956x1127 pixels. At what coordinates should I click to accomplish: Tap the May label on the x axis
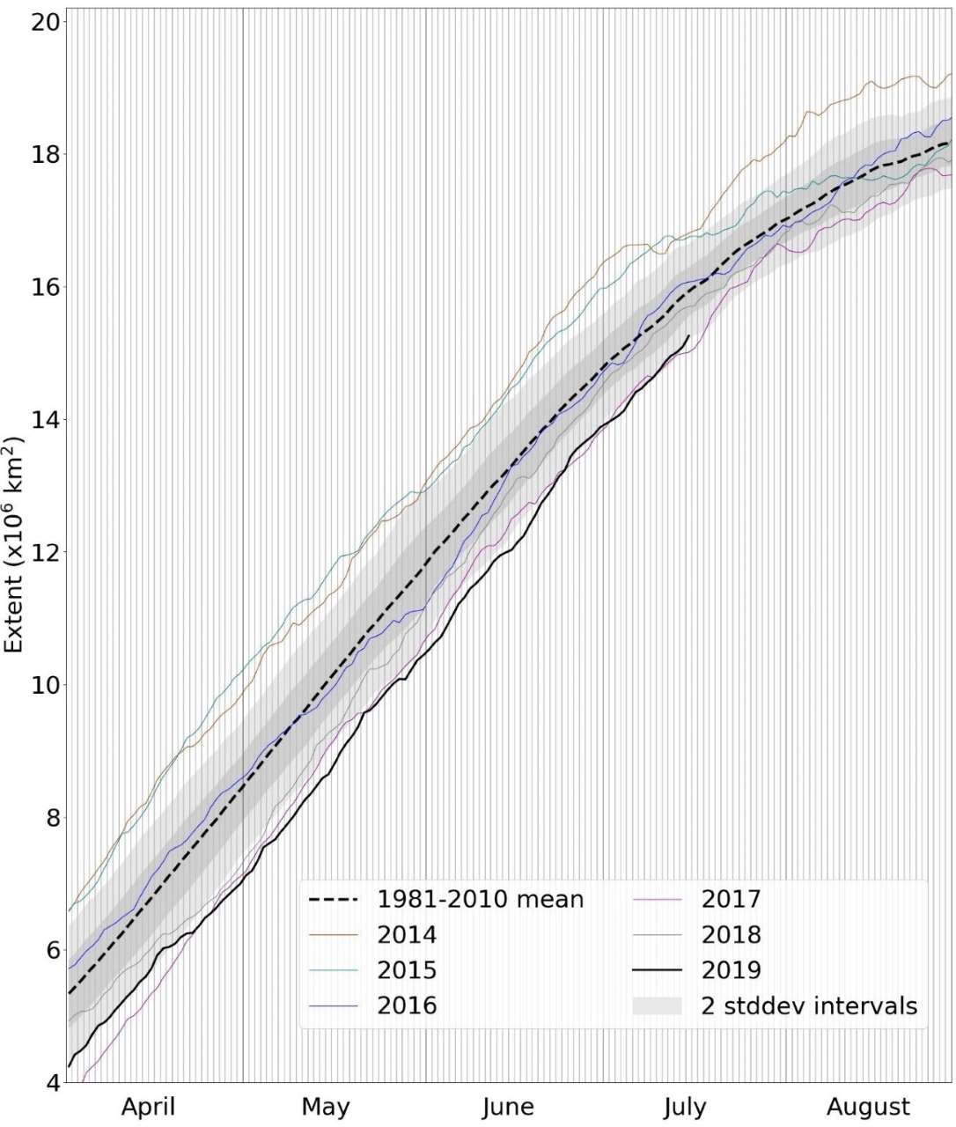coord(325,1106)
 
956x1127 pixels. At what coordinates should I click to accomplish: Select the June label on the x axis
coord(508,1106)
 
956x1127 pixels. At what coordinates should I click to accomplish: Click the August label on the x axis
coord(870,1106)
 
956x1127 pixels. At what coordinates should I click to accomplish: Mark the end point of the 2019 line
coord(688,335)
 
